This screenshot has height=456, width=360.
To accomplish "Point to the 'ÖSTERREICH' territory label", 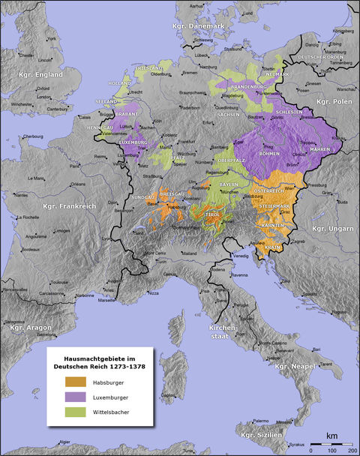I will (269, 190).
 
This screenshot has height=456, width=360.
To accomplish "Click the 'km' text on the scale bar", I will (330, 435).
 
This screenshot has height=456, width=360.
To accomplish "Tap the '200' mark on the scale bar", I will (350, 451).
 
